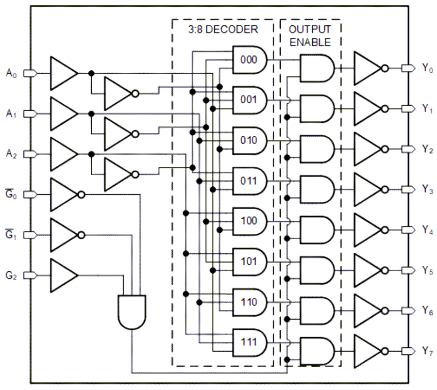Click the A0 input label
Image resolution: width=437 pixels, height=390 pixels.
pyautogui.click(x=11, y=73)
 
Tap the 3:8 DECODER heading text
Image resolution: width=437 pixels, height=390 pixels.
pyautogui.click(x=223, y=30)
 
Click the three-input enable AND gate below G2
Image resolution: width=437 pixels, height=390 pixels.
pyautogui.click(x=132, y=310)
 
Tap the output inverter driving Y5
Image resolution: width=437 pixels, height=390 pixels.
pyautogui.click(x=369, y=270)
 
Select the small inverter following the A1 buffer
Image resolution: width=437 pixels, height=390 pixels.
pyautogui.click(x=119, y=134)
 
